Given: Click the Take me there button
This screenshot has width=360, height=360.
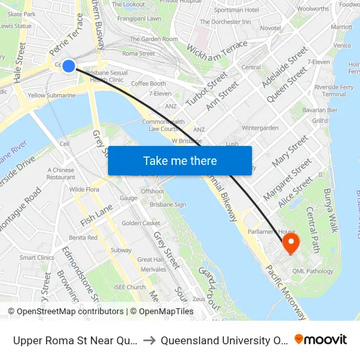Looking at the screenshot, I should click(x=180, y=160).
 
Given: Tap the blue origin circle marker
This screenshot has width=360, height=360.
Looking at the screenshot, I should click(x=68, y=65).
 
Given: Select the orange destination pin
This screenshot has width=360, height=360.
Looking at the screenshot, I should click(x=290, y=245).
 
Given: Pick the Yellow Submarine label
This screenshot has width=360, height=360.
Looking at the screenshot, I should click(x=52, y=95).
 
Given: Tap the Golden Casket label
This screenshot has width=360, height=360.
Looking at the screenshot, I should click(x=141, y=223).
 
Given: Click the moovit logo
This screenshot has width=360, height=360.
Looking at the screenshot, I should click(x=321, y=340).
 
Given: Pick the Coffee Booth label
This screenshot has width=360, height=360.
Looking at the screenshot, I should click(x=149, y=83).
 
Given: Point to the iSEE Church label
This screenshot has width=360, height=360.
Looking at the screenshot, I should click(x=130, y=287).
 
